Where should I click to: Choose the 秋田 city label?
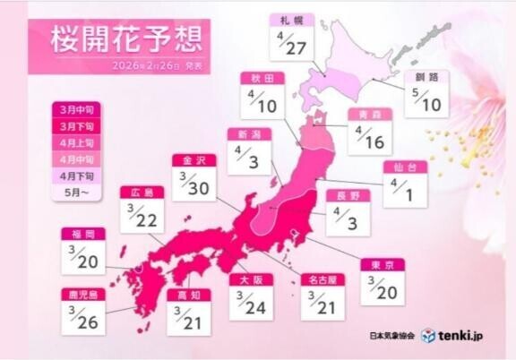click(262, 78)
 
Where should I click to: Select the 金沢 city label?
click(194, 160)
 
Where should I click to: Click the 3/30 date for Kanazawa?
click(194, 184)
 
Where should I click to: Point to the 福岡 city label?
click(83, 234)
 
